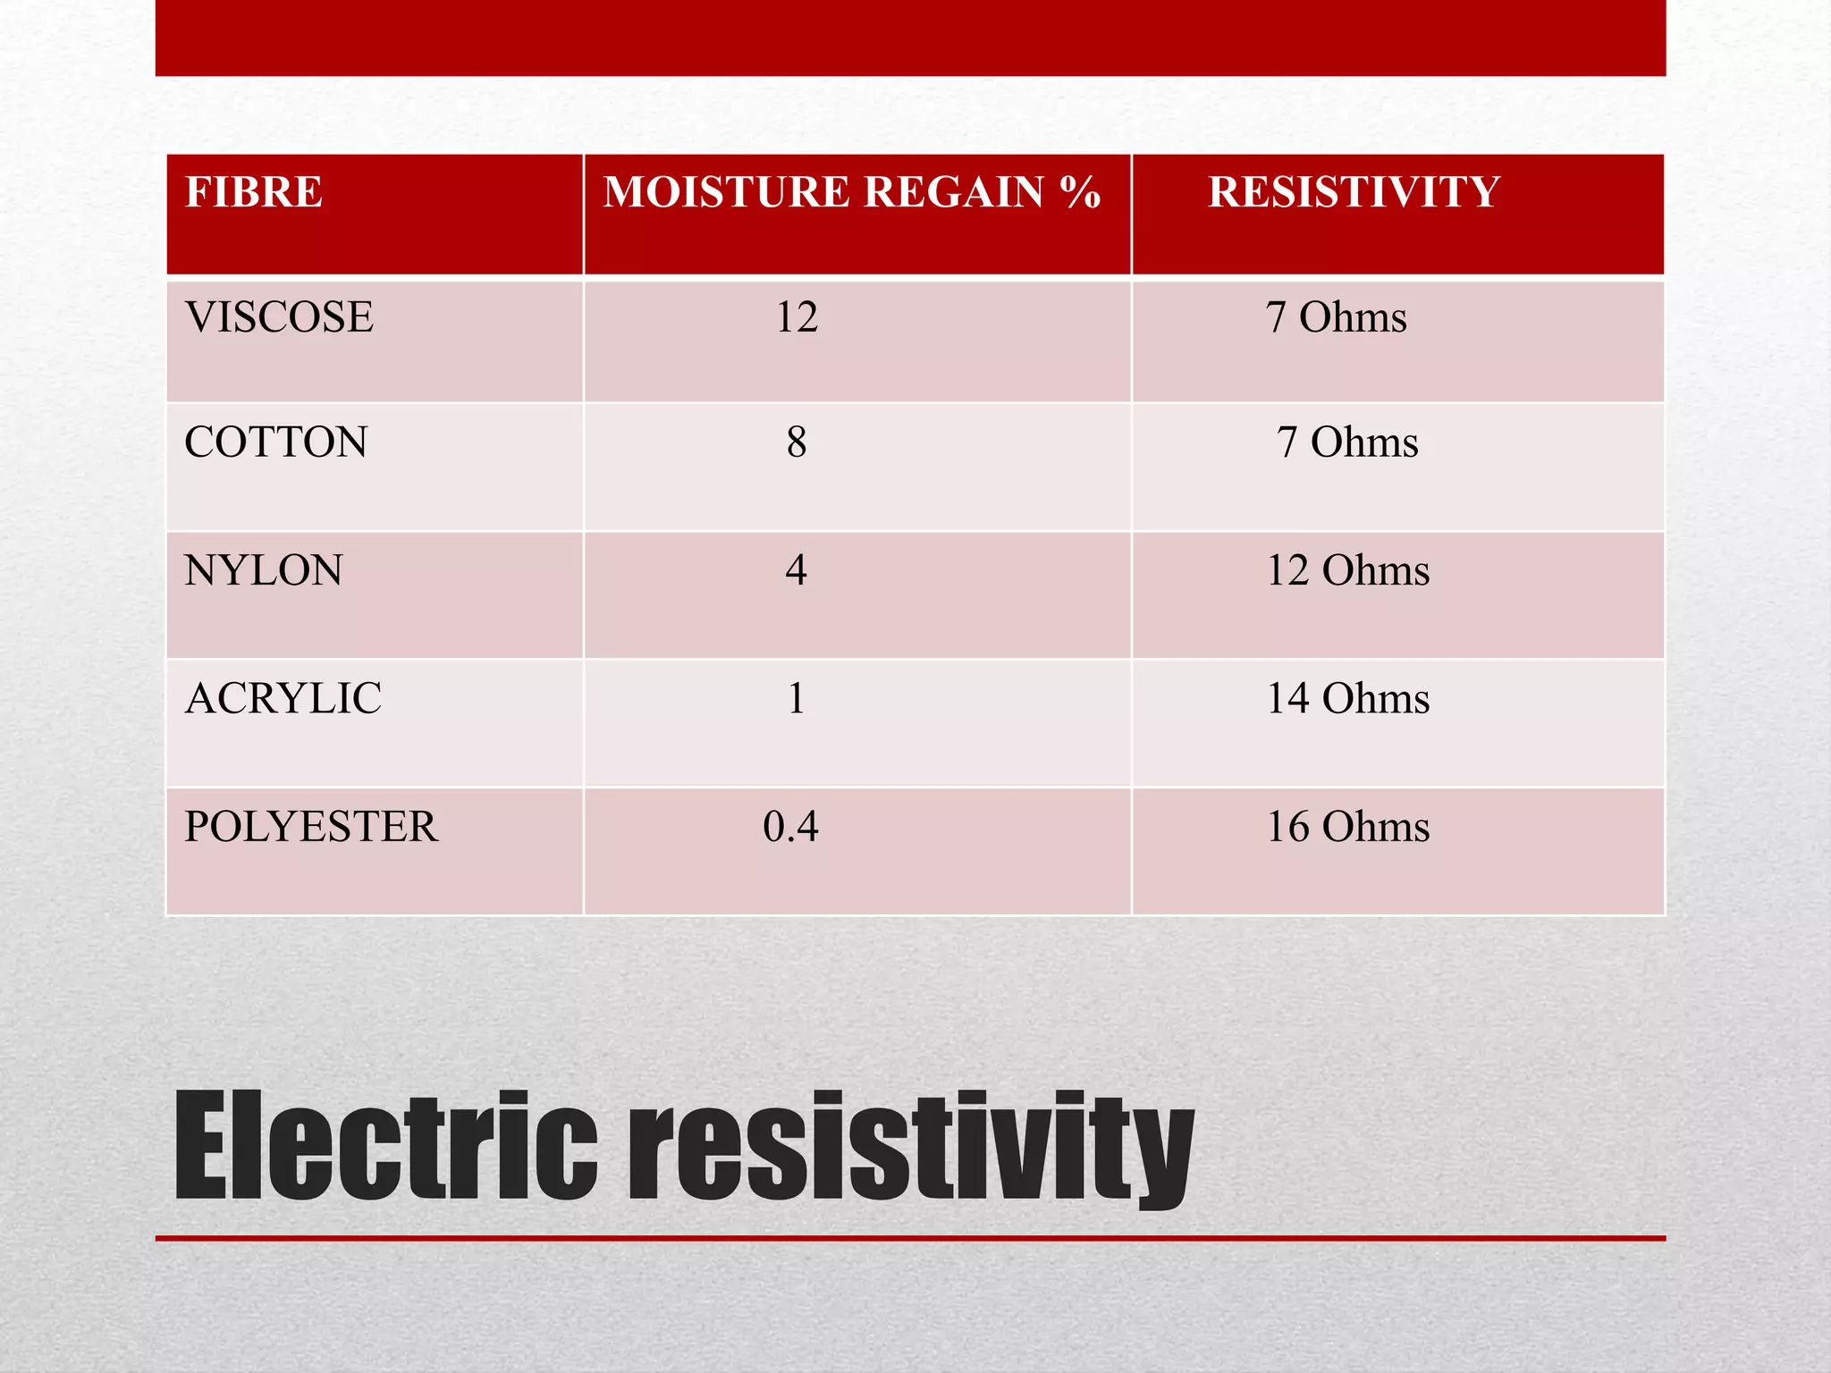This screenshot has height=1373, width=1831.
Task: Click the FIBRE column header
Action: pos(254,192)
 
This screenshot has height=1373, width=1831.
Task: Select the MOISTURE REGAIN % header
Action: pos(851,192)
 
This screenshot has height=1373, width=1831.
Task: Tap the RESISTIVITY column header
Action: pos(1354,192)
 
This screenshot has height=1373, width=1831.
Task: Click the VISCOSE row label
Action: pos(279,317)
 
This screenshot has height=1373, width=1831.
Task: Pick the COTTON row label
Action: pos(276,442)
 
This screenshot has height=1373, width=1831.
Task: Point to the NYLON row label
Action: pos(264,570)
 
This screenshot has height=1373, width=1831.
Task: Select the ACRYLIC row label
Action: pos(283,698)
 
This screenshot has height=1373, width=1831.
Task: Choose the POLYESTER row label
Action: pos(311,827)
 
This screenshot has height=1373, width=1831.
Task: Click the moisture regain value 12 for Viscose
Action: pos(797,317)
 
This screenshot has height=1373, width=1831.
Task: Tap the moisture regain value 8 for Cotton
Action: pos(797,442)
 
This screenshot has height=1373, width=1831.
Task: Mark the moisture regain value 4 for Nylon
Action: pos(797,570)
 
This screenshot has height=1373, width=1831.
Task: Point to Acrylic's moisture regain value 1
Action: pos(797,698)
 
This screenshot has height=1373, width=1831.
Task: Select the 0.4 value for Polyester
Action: pos(790,827)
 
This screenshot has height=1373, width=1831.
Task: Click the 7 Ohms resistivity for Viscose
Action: pos(1336,317)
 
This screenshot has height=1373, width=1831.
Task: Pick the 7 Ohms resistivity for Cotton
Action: pos(1347,442)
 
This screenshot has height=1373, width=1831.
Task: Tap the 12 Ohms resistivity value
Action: pos(1348,570)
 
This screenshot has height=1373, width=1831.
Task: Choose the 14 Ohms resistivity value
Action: pos(1348,698)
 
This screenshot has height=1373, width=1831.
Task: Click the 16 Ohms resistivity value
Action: pos(1348,827)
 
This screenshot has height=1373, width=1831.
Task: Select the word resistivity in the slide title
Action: pos(912,1149)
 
